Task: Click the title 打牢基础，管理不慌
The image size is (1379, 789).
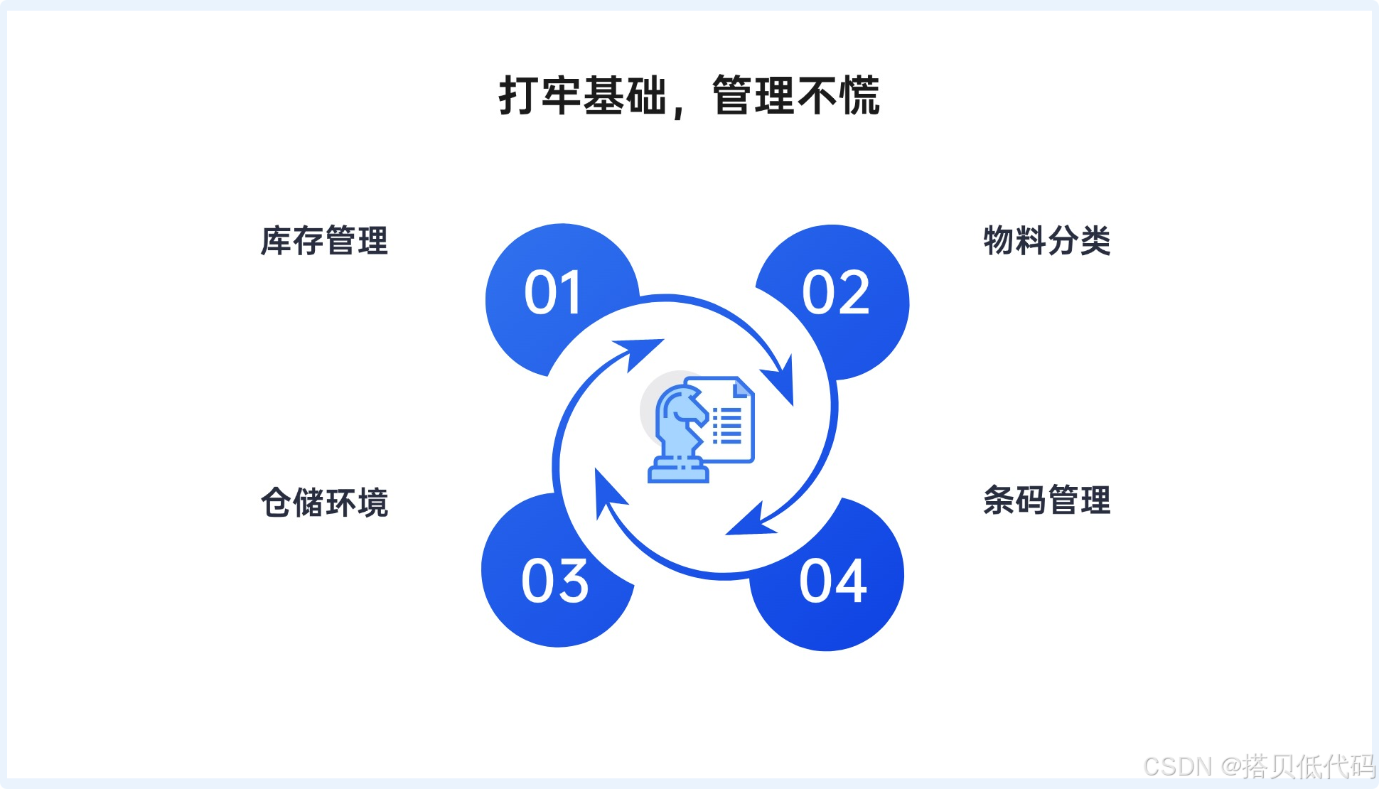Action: (x=689, y=96)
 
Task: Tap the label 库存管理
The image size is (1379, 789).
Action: (x=324, y=241)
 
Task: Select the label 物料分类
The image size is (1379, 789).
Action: (x=1046, y=241)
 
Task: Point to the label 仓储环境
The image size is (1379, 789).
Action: (x=324, y=503)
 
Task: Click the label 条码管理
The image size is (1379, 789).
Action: (x=1046, y=500)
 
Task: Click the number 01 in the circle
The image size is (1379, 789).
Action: (x=553, y=293)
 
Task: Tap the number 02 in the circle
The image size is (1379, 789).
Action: (x=836, y=293)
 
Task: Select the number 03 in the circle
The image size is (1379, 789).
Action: (x=555, y=581)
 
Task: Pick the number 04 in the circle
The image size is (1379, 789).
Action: (x=833, y=581)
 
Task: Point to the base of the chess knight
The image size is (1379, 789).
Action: (x=678, y=472)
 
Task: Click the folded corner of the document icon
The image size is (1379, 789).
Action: (x=743, y=388)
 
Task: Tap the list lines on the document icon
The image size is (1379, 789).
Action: (x=727, y=426)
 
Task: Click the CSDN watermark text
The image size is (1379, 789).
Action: (x=1259, y=766)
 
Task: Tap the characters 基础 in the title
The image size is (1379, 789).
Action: (x=625, y=96)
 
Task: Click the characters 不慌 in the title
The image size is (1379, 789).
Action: (x=839, y=96)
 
